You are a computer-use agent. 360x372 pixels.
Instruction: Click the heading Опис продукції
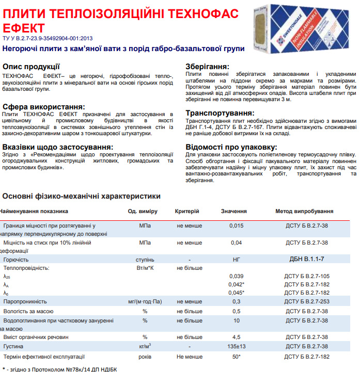click(x=31, y=67)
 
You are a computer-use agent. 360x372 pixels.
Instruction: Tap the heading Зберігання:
click(x=207, y=67)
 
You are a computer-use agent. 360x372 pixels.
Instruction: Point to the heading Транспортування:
click(x=220, y=113)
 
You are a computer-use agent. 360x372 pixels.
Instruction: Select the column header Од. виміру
click(x=143, y=211)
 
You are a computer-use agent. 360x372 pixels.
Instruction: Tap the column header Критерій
click(x=187, y=211)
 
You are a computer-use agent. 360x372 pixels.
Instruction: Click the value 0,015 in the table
click(x=236, y=226)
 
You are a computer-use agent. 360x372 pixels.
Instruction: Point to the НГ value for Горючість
click(x=236, y=259)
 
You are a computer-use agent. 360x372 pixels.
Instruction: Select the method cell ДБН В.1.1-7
click(x=307, y=259)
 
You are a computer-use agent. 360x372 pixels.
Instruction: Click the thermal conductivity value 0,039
click(x=236, y=276)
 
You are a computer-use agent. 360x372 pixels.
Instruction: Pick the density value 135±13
click(x=236, y=346)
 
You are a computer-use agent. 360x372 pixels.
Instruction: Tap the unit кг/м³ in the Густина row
click(x=145, y=346)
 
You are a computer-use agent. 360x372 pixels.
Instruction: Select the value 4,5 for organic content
click(x=236, y=337)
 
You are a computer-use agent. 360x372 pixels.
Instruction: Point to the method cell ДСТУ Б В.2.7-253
click(x=307, y=301)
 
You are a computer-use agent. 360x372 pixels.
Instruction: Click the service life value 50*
click(x=236, y=357)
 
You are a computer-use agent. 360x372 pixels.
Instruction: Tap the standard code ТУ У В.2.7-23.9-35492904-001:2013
click(x=48, y=38)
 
